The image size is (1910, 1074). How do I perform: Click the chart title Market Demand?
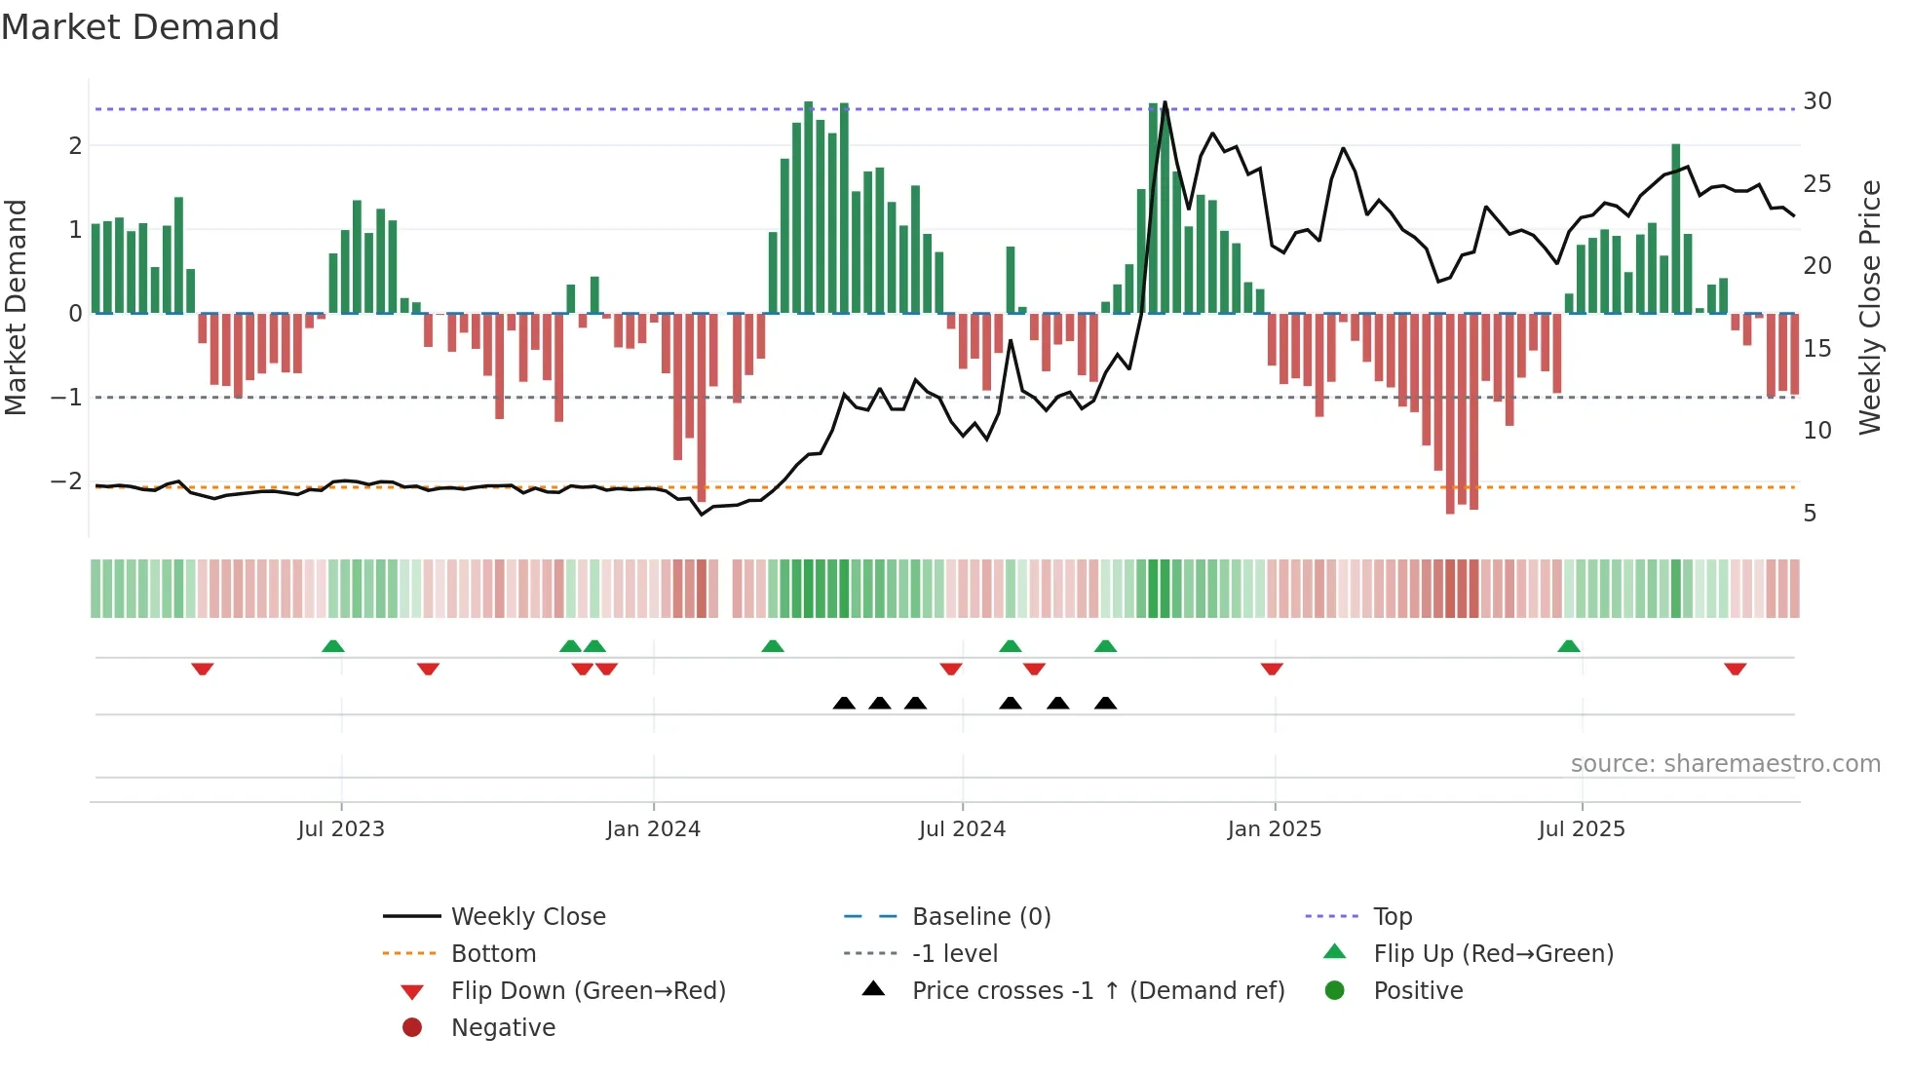click(x=140, y=27)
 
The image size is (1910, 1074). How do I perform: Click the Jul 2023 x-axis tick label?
click(x=341, y=829)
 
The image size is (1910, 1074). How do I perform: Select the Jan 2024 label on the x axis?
click(x=653, y=829)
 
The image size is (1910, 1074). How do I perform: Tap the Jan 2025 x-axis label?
click(x=1274, y=829)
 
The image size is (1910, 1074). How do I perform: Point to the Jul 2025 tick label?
click(x=1582, y=829)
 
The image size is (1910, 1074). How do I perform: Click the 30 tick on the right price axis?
click(x=1816, y=101)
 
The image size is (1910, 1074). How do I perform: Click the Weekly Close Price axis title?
click(x=1869, y=307)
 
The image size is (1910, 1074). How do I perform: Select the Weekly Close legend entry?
click(x=527, y=917)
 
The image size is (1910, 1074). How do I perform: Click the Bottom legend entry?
click(x=493, y=954)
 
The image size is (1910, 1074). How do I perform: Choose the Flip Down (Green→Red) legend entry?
click(x=588, y=991)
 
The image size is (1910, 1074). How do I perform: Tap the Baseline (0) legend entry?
click(x=980, y=917)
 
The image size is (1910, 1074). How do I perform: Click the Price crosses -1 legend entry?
click(x=1097, y=991)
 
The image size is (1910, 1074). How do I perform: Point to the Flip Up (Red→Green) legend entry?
click(x=1493, y=954)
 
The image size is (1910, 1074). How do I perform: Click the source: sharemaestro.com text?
click(x=1725, y=764)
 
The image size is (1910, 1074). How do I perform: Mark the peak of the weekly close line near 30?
click(x=1165, y=102)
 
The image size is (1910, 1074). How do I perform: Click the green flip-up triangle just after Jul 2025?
click(x=1568, y=646)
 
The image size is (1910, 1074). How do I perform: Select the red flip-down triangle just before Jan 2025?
click(x=1272, y=669)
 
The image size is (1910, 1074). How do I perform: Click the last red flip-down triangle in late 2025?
click(x=1735, y=669)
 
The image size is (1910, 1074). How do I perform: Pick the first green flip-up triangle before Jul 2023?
click(x=333, y=646)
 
